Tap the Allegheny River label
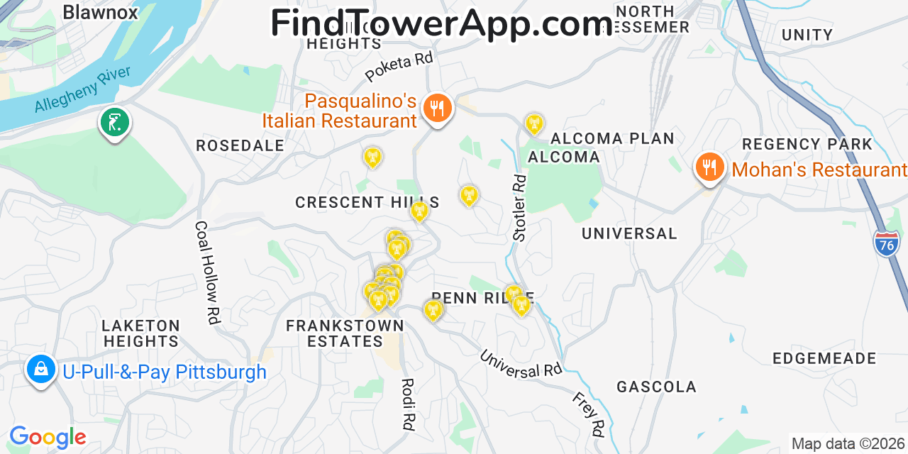coord(83,90)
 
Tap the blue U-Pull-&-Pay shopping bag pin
coord(41,370)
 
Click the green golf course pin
coord(114,123)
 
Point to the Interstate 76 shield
coord(887,243)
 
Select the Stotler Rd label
coord(520,208)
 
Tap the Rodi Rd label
coord(407,405)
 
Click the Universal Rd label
coord(521,363)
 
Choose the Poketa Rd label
coord(399,67)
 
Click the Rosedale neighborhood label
coord(240,145)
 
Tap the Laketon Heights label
coord(141,333)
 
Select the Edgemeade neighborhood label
coord(824,358)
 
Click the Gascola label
coord(656,387)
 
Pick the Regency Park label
coord(807,144)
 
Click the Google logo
coord(48,437)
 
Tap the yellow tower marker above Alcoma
coord(533,124)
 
